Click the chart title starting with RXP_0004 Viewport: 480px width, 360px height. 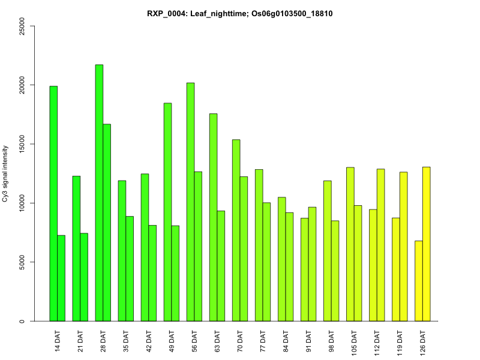tap(240, 13)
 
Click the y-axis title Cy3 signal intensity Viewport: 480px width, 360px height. tap(5, 174)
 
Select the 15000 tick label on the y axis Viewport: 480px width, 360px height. tap(22, 145)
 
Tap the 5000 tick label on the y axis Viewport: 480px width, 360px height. tap(22, 262)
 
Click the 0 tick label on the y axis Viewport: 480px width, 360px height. tap(22, 321)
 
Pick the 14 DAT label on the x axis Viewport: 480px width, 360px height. tap(58, 340)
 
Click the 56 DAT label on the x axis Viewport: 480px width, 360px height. tap(194, 340)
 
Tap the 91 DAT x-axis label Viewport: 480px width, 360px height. tap(308, 340)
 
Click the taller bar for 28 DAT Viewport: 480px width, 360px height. tap(99, 193)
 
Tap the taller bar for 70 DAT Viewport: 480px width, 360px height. tap(236, 230)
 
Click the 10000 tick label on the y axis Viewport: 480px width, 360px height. tap(22, 203)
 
